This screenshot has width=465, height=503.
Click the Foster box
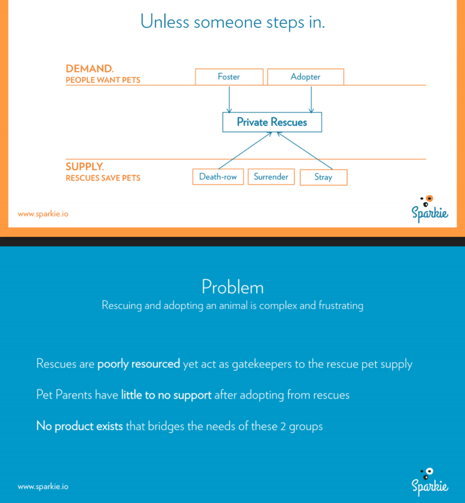(229, 77)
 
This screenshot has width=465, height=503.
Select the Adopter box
(306, 77)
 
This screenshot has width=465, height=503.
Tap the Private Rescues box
(272, 122)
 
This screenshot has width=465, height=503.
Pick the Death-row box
(218, 176)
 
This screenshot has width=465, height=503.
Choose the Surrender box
(271, 176)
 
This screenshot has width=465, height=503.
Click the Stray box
(323, 177)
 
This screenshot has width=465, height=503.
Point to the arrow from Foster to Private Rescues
(229, 99)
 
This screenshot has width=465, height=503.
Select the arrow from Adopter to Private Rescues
(311, 99)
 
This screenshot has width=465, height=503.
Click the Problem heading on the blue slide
(232, 287)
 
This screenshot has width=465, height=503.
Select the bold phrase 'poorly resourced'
(139, 364)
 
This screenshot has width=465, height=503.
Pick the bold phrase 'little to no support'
(166, 395)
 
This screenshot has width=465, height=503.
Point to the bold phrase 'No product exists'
(80, 426)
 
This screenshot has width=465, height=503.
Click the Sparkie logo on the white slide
(430, 209)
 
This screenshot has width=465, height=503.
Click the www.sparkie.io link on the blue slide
(43, 487)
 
